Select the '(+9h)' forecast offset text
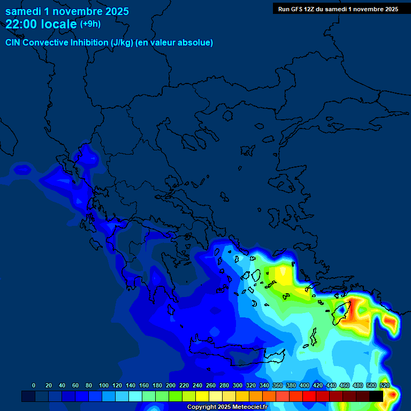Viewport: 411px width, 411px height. [90, 24]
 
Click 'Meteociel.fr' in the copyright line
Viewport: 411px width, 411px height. [249, 407]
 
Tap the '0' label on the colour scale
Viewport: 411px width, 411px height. [34, 385]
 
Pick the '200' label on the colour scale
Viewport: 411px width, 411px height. [171, 385]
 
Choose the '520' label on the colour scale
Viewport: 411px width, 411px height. [384, 385]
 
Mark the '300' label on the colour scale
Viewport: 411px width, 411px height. [238, 385]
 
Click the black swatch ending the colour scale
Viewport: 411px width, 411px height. [376, 396]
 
